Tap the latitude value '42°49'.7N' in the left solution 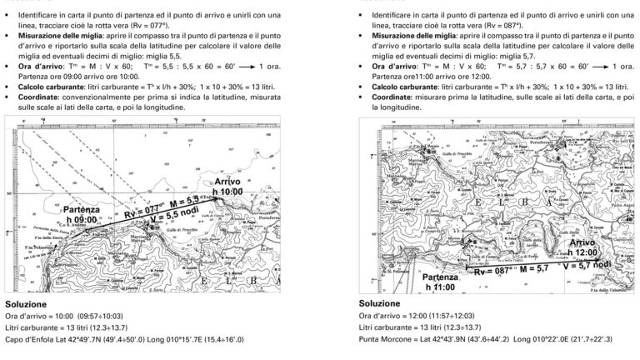click(83, 341)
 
